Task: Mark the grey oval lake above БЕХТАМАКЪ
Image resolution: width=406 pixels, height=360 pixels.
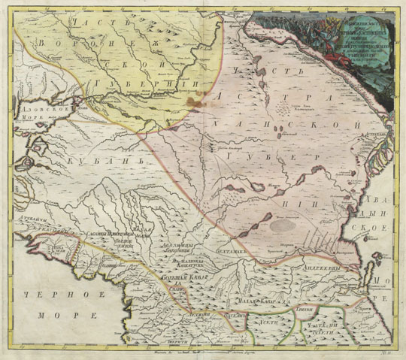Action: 286,222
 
